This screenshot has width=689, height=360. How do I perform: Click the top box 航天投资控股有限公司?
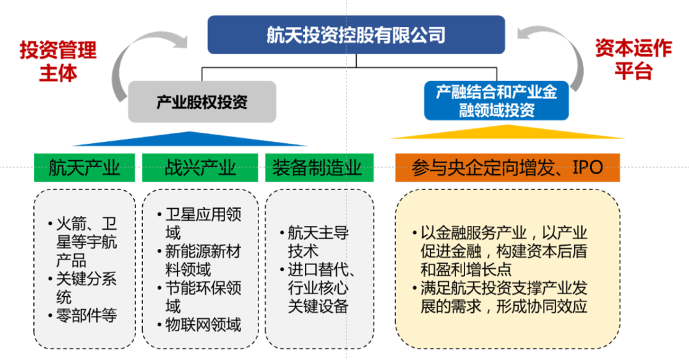(356, 34)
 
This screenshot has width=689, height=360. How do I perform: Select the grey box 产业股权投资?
(202, 101)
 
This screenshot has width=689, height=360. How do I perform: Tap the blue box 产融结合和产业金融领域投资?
(496, 100)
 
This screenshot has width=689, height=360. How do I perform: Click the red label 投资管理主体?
(58, 61)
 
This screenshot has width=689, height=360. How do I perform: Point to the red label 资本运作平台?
(633, 59)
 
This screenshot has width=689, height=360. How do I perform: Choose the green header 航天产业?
(84, 167)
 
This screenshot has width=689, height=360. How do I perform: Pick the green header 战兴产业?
(200, 167)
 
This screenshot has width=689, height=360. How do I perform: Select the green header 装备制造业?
(320, 167)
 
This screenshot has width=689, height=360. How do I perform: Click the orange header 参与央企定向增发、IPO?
(508, 167)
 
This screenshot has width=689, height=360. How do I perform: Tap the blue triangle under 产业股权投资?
(189, 139)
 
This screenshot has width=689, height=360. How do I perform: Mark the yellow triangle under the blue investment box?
(508, 132)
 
